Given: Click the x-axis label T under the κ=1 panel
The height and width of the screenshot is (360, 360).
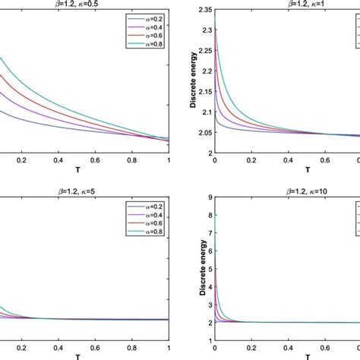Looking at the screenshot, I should (286, 170).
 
